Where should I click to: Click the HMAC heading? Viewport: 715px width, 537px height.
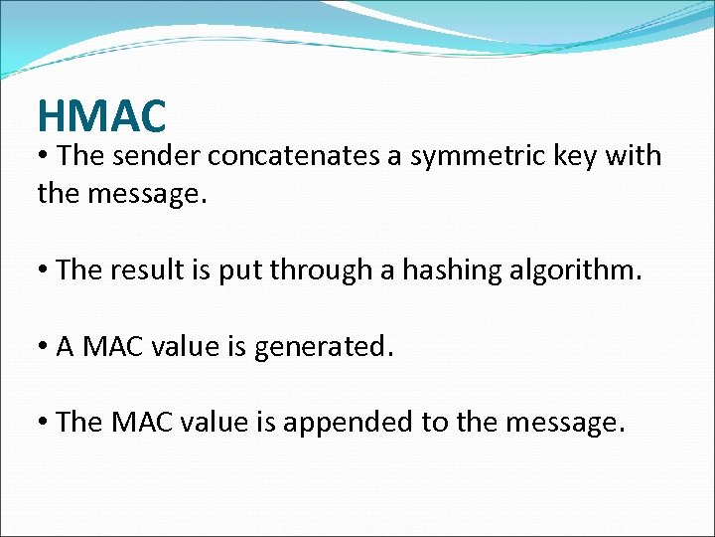pos(101,116)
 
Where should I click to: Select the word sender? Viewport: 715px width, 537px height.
pos(160,157)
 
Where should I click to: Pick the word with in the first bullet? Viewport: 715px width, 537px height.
pos(633,156)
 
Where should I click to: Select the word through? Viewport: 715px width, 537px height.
pos(327,270)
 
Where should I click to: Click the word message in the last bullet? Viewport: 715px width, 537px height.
pos(565,424)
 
